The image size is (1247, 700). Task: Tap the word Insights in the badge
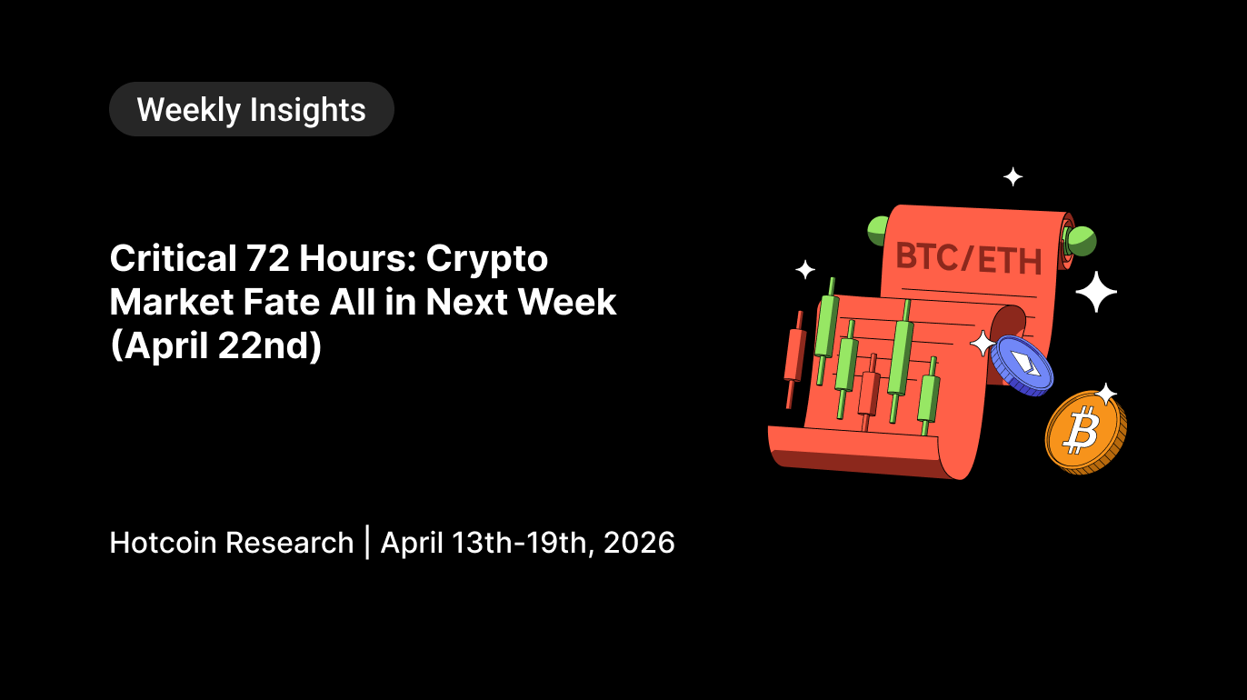click(x=308, y=110)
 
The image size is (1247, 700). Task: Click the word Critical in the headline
click(x=173, y=258)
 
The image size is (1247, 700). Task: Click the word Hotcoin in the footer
click(x=163, y=543)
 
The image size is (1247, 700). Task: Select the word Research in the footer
click(x=289, y=543)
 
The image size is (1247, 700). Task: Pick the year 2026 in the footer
click(x=639, y=543)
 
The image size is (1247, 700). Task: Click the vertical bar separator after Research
click(x=367, y=543)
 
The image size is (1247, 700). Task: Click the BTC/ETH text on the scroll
click(x=969, y=259)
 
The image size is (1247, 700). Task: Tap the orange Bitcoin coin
click(x=1085, y=432)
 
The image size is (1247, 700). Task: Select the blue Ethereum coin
click(x=1023, y=365)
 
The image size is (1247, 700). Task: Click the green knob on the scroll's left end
click(x=877, y=231)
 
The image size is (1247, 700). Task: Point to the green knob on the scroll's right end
click(x=1081, y=241)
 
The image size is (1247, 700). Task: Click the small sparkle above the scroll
click(x=1013, y=177)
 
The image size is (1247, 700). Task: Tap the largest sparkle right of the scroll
click(x=1096, y=292)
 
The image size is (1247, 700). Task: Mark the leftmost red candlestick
click(x=795, y=359)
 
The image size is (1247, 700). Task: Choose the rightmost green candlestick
click(x=929, y=396)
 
